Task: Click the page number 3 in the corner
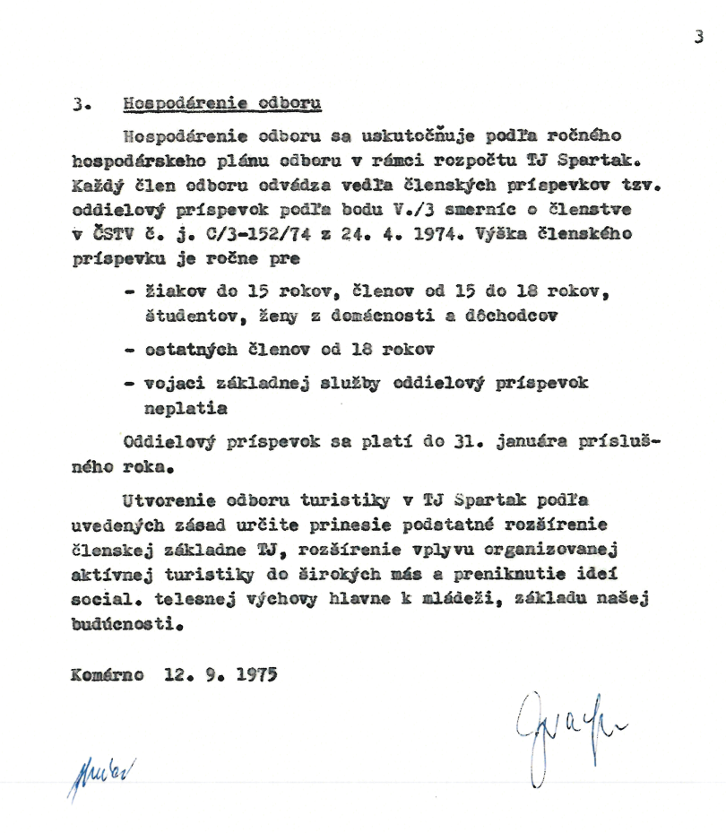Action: coord(698,37)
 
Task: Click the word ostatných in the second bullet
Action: coord(189,349)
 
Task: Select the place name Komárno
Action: coord(108,674)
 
